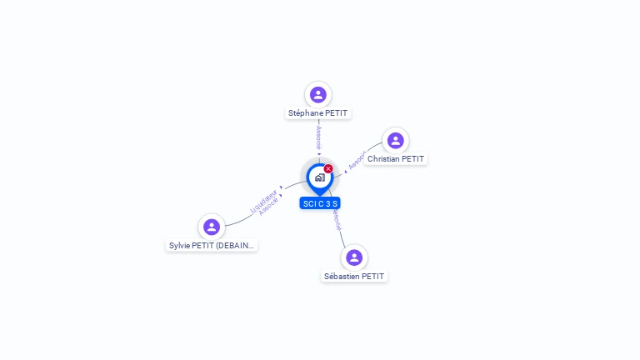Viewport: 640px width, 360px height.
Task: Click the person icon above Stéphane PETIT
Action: coord(317,95)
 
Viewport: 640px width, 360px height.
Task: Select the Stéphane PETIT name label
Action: coord(317,113)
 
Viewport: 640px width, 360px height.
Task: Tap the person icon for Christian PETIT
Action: coord(396,140)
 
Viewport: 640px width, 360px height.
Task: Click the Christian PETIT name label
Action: coord(396,159)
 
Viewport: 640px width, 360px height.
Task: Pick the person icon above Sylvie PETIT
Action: coord(212,227)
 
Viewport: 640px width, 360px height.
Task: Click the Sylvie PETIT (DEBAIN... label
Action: coord(212,246)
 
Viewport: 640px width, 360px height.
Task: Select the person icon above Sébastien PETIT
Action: coord(354,257)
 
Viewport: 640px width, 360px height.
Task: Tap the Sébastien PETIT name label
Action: coord(354,276)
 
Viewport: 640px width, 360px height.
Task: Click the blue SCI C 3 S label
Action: coord(320,203)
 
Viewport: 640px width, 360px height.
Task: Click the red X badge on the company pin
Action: coord(328,169)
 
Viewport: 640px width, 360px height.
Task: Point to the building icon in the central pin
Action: coord(319,177)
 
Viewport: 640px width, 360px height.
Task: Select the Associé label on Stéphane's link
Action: coord(318,137)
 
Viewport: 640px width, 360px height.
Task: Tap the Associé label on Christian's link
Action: coord(357,161)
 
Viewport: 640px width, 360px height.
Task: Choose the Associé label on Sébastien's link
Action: coord(336,219)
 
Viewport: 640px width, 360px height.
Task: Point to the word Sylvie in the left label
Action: coord(179,246)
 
